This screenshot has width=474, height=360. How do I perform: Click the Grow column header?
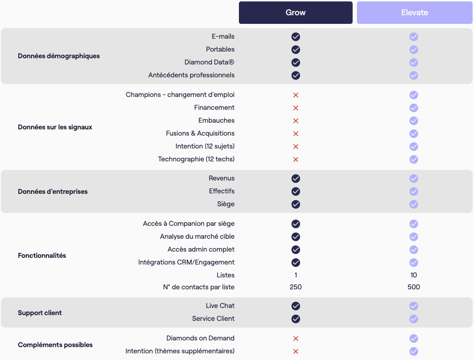(295, 12)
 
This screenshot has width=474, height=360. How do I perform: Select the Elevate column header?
(414, 12)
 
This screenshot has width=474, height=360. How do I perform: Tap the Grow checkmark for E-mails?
(296, 37)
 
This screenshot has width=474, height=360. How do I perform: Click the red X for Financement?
(296, 108)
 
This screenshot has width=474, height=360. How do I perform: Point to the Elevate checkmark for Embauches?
(414, 121)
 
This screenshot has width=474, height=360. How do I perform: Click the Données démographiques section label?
(59, 56)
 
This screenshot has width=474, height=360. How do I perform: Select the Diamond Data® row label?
(209, 63)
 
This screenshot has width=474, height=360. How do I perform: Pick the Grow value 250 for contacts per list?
(296, 287)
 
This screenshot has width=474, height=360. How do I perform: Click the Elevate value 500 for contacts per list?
(414, 287)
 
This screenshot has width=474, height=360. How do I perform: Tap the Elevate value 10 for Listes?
(414, 275)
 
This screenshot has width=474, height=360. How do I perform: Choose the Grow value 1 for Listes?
(296, 275)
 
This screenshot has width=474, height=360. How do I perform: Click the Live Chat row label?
(220, 306)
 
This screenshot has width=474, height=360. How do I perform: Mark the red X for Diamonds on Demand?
(296, 339)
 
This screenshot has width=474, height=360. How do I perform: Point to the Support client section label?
(40, 313)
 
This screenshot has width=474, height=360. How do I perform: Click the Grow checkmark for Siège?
(296, 204)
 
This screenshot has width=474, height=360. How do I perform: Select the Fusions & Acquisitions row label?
(200, 134)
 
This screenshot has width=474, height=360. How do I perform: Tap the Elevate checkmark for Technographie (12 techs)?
(414, 159)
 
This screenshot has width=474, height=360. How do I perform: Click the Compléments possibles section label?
(55, 345)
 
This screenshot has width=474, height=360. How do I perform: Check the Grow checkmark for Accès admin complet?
(296, 250)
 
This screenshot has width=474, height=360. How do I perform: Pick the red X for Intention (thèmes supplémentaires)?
(296, 351)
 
